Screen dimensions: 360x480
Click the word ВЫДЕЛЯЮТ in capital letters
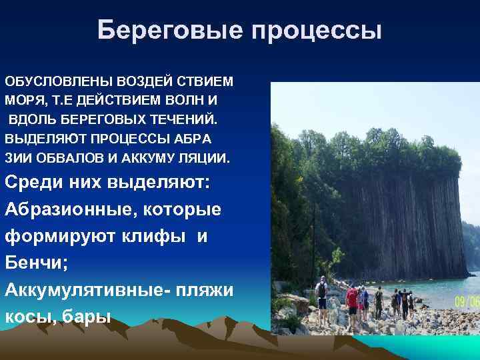point(39,139)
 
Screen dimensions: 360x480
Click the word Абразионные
point(67,209)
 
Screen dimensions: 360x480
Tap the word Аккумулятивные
point(73,291)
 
